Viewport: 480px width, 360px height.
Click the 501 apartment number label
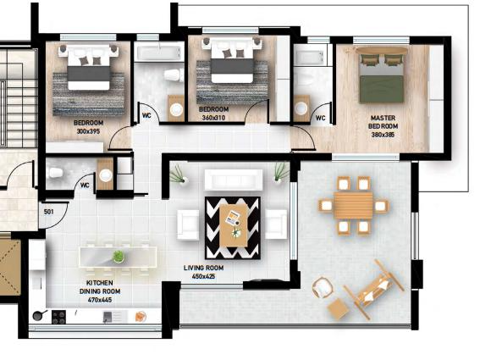pos(48,212)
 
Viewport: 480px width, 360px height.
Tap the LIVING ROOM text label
pos(203,268)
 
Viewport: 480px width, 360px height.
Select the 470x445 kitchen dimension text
pos(100,300)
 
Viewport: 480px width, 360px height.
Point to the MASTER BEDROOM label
pos(383,122)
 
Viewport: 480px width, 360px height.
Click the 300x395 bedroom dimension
pos(88,131)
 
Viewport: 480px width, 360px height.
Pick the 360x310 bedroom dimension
pos(213,118)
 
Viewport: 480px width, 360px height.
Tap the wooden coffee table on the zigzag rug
pos(234,225)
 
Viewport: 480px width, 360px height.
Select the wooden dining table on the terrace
pos(353,205)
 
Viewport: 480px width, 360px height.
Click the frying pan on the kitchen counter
pos(39,316)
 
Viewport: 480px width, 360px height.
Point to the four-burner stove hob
pos(58,317)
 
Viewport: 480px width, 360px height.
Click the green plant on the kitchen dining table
pos(119,257)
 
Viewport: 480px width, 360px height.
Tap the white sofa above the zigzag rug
pos(234,180)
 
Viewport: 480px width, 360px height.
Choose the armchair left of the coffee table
pos(188,224)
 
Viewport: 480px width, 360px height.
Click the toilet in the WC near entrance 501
pos(56,173)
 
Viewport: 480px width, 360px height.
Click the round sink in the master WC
pos(301,108)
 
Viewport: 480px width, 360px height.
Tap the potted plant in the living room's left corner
pos(178,175)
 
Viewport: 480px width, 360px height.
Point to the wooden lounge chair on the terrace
pos(373,289)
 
